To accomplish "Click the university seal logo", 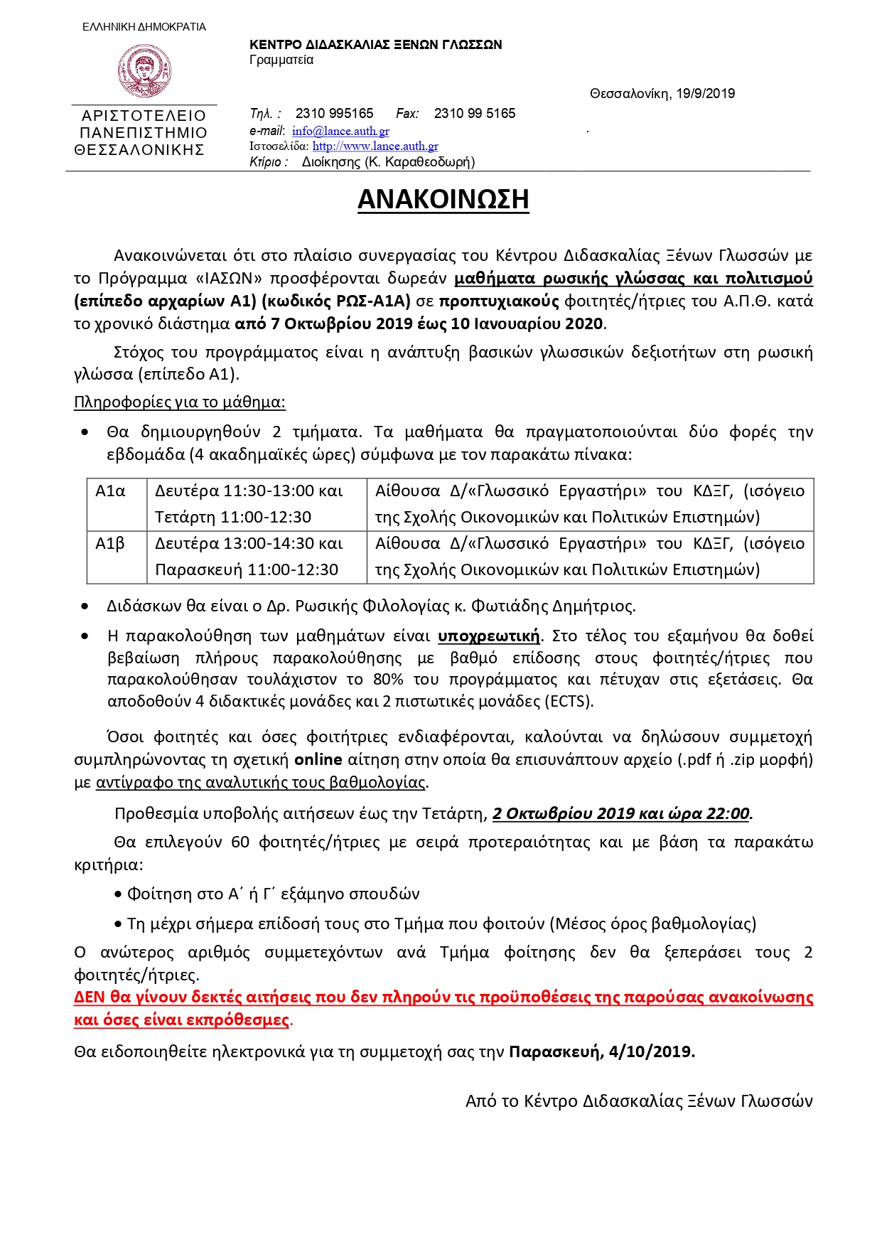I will point(144,70).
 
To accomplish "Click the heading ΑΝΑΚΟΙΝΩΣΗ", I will point(443,200).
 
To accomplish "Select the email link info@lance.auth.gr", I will point(340,131).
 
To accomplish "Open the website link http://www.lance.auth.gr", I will point(375,146).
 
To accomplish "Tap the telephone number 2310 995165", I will point(334,114).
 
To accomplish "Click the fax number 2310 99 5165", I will point(474,114).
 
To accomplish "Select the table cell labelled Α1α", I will point(110,491).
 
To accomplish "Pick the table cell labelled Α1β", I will point(110,544).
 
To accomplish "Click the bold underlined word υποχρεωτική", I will point(488,636).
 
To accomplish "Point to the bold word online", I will point(318,760).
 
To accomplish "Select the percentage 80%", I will point(388,680).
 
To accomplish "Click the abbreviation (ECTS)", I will point(569,702).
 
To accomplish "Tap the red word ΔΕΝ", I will point(90,997).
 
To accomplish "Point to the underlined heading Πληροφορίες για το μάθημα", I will point(179,403).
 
